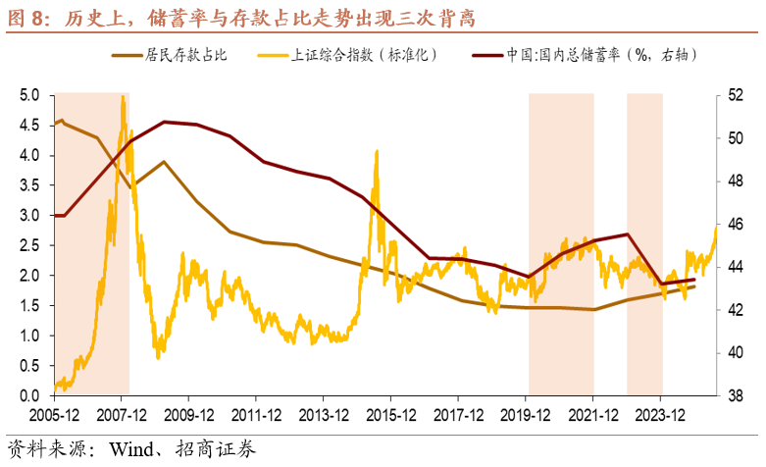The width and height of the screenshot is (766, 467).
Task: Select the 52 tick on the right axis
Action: pyautogui.click(x=736, y=95)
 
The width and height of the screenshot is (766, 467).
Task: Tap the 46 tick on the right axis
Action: pyautogui.click(x=736, y=225)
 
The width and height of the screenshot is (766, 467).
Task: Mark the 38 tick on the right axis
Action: pyautogui.click(x=736, y=395)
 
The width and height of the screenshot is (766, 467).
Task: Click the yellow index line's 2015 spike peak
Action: pyautogui.click(x=377, y=151)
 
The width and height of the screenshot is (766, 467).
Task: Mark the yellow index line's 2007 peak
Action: pyautogui.click(x=123, y=96)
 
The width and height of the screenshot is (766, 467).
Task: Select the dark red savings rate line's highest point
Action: pyautogui.click(x=164, y=122)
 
